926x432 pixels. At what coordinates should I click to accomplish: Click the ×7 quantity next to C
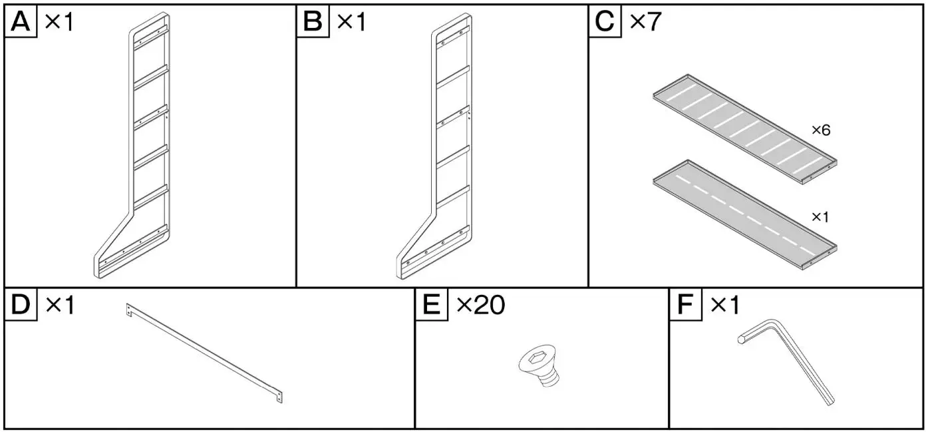(x=645, y=21)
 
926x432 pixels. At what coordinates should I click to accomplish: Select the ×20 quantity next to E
(x=480, y=306)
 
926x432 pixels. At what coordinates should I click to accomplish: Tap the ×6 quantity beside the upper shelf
(x=821, y=130)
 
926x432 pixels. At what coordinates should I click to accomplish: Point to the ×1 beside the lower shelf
(x=820, y=217)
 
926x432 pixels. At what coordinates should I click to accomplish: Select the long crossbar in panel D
(x=204, y=353)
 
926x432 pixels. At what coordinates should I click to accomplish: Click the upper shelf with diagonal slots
(x=744, y=127)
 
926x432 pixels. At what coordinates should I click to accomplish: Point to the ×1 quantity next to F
(x=724, y=306)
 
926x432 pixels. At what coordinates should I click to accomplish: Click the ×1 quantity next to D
(x=60, y=306)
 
